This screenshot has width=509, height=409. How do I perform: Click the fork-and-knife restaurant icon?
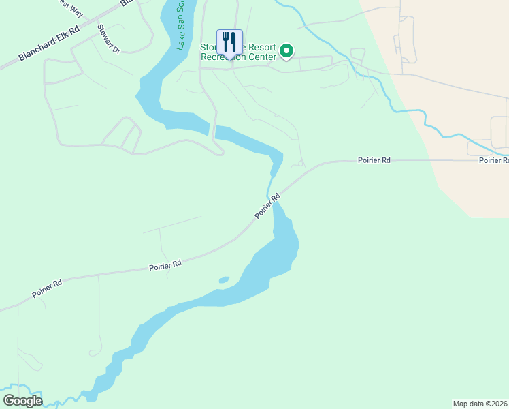click(x=229, y=42)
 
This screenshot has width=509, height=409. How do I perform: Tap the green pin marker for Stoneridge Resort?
click(x=287, y=50)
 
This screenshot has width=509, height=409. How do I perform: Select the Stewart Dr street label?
click(x=109, y=40)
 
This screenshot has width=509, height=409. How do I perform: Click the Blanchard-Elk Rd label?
click(x=49, y=44)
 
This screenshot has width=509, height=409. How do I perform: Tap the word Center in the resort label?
click(x=263, y=57)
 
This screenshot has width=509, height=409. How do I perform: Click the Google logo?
click(x=22, y=401)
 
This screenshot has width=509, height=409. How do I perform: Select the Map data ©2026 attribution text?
click(x=480, y=404)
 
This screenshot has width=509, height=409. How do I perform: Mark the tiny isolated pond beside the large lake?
click(x=224, y=279)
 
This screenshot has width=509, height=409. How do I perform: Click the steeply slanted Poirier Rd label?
click(x=267, y=207)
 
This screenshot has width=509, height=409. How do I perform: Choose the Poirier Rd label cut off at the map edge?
click(x=493, y=160)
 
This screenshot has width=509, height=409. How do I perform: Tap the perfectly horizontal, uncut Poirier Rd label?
click(x=374, y=160)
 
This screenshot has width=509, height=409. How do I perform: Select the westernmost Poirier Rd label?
click(x=47, y=288)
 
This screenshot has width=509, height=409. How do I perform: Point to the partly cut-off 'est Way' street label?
click(x=71, y=6)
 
